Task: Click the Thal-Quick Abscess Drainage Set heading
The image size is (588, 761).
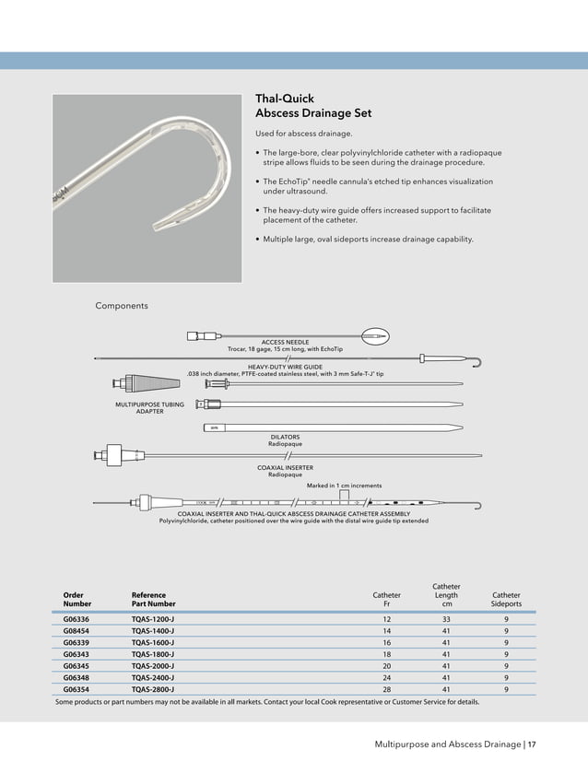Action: (313, 106)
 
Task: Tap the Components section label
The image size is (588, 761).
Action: (122, 306)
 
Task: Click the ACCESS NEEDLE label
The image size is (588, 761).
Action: (285, 343)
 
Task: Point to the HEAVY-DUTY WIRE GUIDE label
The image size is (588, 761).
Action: (285, 367)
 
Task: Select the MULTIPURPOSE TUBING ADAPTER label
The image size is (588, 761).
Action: (149, 408)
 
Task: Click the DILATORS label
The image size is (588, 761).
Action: (285, 437)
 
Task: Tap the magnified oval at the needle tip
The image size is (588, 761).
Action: (377, 337)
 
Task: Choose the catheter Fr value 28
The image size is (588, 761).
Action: (386, 688)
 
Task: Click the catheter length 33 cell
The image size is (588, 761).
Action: (446, 619)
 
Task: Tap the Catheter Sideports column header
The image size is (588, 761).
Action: (506, 600)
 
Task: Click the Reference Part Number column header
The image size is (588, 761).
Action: (153, 600)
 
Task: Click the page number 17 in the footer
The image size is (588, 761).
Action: (532, 743)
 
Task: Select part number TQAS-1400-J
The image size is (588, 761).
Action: (153, 631)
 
